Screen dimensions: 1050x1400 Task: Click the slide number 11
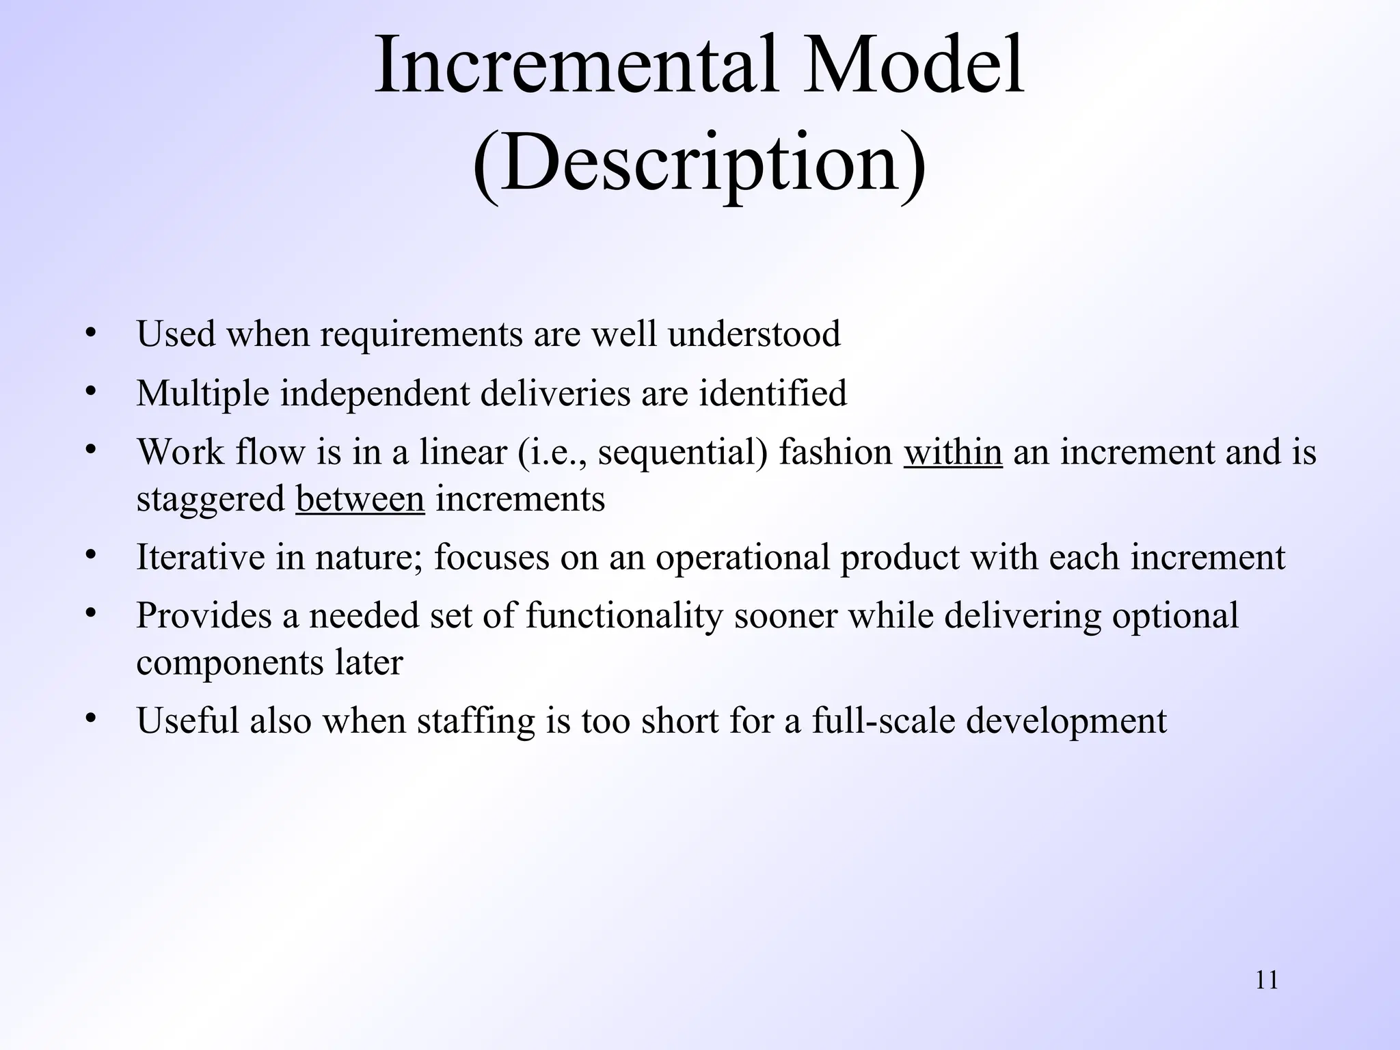click(1267, 980)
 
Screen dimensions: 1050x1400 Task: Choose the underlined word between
click(360, 499)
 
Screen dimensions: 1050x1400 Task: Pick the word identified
click(772, 394)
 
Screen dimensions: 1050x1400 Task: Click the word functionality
click(624, 616)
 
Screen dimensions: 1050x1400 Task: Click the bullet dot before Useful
click(90, 718)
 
